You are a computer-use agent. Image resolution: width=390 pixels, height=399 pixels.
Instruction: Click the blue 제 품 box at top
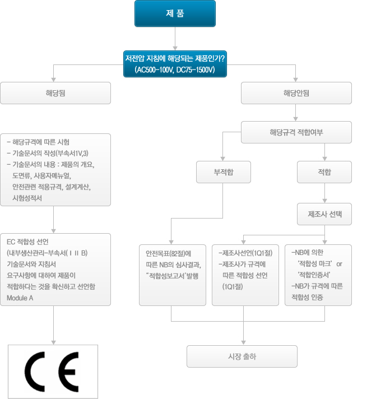pos(175,13)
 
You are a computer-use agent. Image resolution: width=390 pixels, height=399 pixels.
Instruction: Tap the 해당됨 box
pos(55,93)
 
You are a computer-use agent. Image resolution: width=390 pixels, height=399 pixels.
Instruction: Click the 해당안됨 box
pos(296,93)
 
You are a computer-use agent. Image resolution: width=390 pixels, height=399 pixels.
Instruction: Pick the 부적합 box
pos(224,172)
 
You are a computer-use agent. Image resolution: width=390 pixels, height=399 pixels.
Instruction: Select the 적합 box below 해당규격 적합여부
pos(324,172)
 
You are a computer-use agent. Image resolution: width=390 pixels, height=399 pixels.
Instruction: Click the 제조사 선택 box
pos(324,214)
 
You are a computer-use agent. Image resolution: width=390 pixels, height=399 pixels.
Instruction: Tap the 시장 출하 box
pos(242,356)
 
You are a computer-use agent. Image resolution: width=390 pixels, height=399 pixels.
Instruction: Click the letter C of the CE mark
pos(36,372)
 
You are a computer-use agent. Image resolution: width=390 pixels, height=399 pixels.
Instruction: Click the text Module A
pos(20,298)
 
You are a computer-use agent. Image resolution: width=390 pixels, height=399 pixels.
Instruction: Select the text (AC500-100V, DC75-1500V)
pos(175,70)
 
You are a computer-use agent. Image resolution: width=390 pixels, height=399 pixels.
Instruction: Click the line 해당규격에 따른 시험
pos(42,142)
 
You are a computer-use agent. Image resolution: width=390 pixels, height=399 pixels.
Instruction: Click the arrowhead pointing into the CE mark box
pos(53,342)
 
